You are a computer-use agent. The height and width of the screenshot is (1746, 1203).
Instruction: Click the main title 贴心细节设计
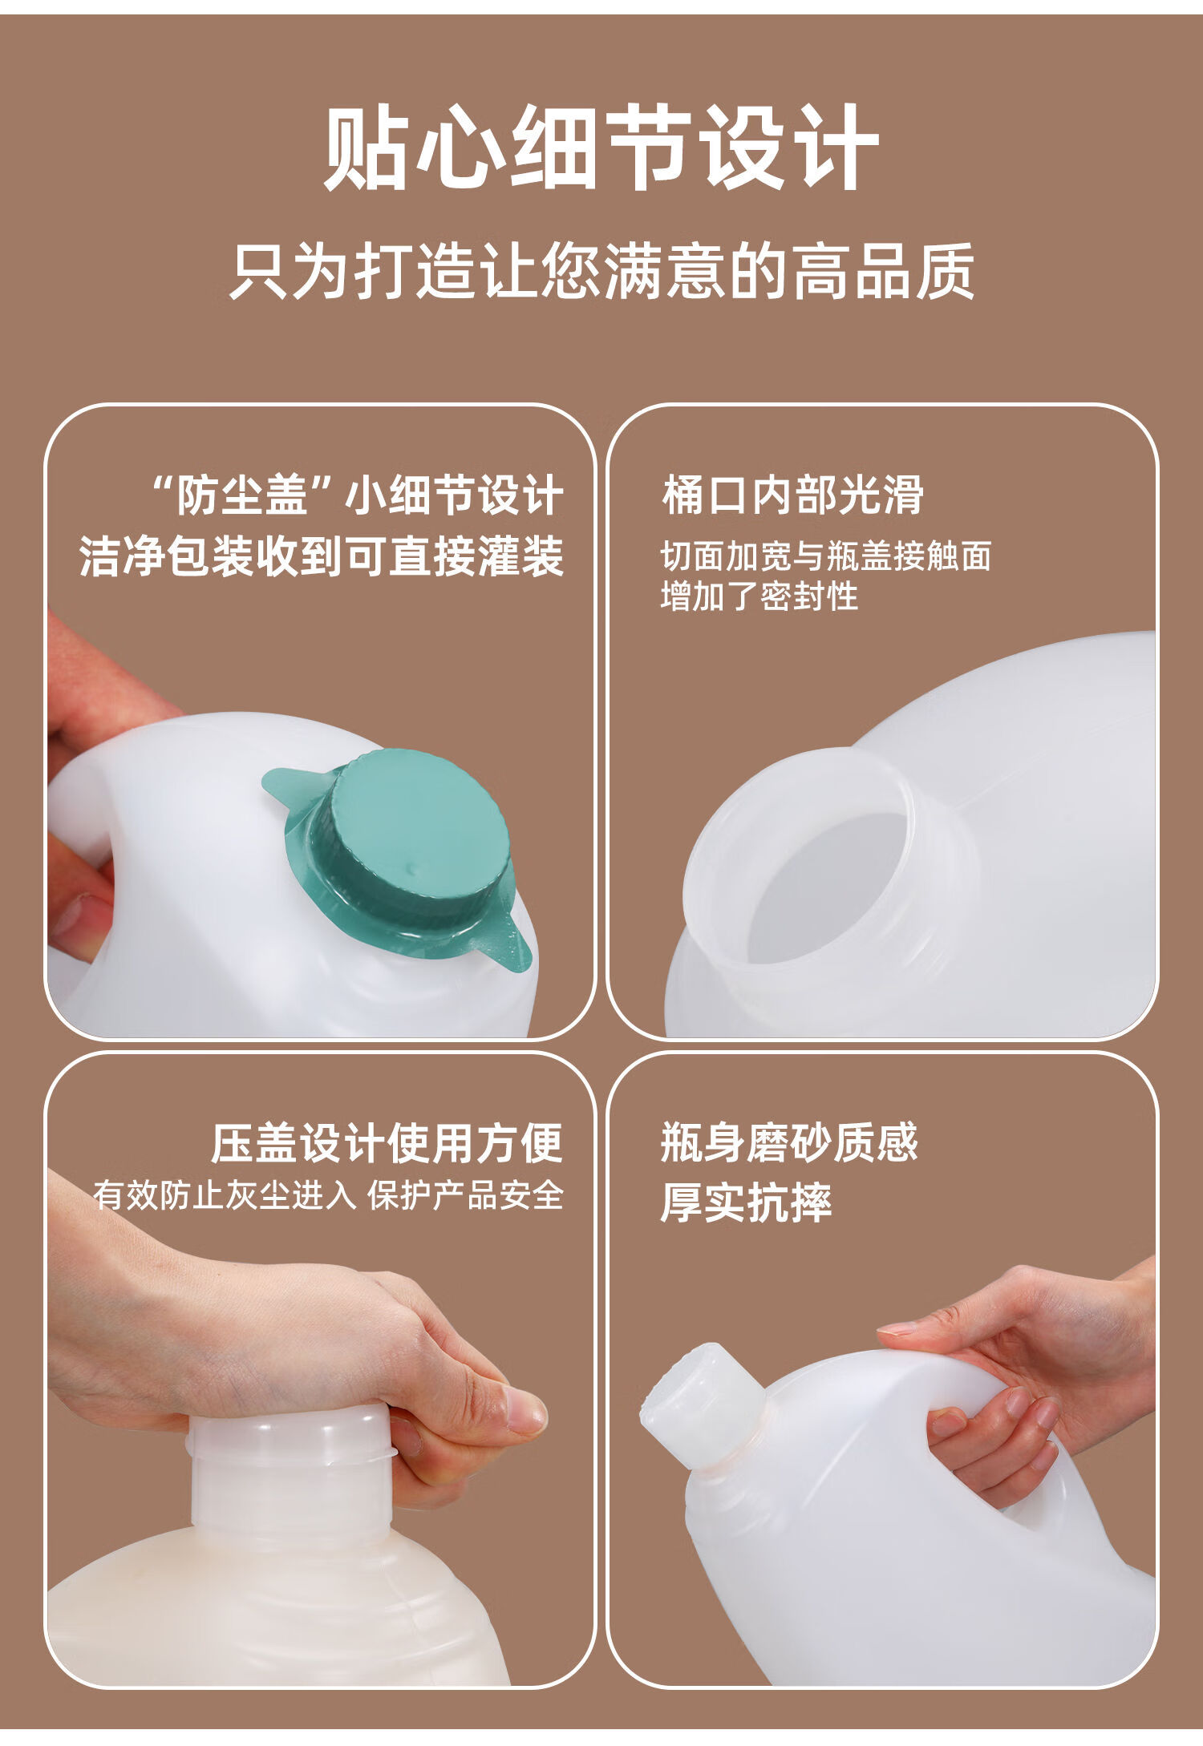click(601, 148)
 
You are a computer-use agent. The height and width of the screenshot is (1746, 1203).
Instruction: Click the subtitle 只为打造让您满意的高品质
click(601, 271)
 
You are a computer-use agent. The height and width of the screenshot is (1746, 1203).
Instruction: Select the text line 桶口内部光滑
click(792, 495)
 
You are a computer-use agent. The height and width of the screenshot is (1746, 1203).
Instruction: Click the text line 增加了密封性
click(759, 596)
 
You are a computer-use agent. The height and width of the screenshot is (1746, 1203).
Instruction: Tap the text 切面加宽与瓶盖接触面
click(826, 556)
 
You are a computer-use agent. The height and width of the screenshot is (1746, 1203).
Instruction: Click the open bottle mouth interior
click(826, 886)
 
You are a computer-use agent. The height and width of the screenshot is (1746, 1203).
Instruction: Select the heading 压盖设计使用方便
click(387, 1143)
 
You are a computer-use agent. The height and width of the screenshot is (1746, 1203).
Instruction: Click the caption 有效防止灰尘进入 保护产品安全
click(328, 1195)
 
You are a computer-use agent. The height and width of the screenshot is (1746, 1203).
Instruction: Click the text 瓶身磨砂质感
click(789, 1142)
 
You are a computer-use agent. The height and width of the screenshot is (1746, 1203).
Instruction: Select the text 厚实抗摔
click(746, 1202)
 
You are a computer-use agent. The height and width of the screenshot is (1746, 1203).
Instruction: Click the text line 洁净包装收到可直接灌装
click(322, 556)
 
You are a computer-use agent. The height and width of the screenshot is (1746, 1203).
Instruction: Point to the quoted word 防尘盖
click(241, 495)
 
